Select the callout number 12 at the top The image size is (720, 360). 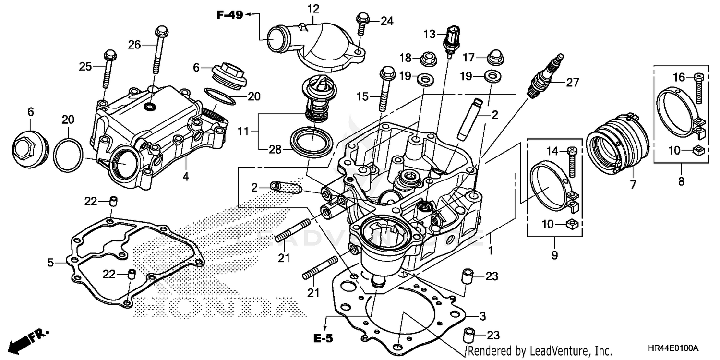pos(313,8)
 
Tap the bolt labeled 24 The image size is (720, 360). pos(361,25)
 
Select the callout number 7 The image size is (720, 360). pos(632,183)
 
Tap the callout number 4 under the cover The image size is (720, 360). pos(185,177)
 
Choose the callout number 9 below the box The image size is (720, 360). pos(554,255)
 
